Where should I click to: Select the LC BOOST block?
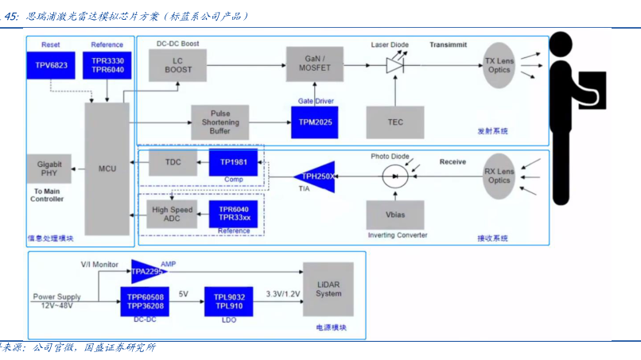[178, 64]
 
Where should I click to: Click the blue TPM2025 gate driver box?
[316, 122]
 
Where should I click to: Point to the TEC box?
[394, 122]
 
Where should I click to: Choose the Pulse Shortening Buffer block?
[219, 122]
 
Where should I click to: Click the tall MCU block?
[107, 169]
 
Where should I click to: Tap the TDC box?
[172, 162]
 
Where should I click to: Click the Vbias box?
[394, 215]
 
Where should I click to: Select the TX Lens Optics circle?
[499, 64]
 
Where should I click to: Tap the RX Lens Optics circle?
[499, 176]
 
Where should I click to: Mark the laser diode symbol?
[395, 65]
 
